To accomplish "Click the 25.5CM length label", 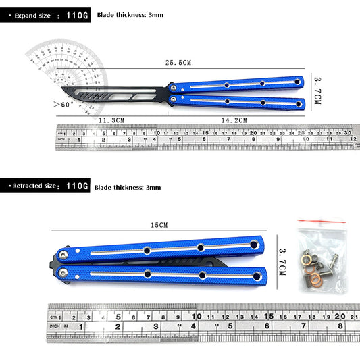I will coord(178,62).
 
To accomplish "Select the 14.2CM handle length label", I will coord(234,120).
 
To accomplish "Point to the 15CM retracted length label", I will coord(159,225).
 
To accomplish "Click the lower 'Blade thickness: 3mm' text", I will coord(128,186).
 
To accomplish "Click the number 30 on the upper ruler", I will coord(348,134).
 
